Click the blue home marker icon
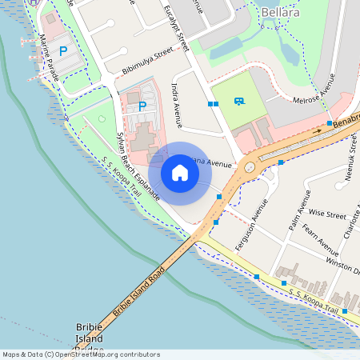point(180,173)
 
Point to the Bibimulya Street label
point(147,62)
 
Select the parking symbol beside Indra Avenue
point(142,106)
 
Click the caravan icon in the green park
point(238,101)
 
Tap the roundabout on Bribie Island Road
point(249,167)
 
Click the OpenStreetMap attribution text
point(81,354)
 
